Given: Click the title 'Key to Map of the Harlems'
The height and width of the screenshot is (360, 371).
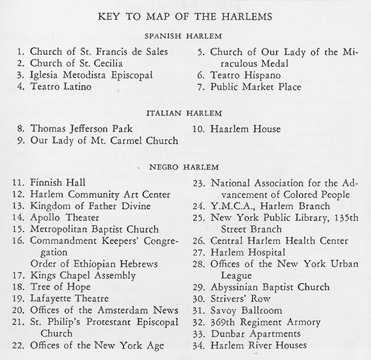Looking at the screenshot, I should click(185, 16).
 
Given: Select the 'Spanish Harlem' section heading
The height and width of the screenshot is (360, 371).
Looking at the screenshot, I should click(185, 36).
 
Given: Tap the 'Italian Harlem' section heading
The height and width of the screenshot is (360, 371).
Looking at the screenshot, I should click(185, 114).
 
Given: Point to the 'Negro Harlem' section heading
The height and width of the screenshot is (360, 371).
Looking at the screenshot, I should click(185, 167).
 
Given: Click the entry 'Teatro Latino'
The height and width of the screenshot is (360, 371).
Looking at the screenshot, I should click(61, 87).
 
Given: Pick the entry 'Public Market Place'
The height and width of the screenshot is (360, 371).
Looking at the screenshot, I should click(255, 87).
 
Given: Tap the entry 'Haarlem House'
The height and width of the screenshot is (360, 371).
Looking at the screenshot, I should click(245, 129).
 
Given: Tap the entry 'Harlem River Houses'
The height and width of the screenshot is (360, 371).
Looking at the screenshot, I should click(258, 345).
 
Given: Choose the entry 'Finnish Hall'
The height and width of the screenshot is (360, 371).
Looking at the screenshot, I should click(58, 182).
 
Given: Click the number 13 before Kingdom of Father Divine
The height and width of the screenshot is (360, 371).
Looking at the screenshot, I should click(19, 205).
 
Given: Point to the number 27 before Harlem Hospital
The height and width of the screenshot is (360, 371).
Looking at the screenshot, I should click(198, 252).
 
